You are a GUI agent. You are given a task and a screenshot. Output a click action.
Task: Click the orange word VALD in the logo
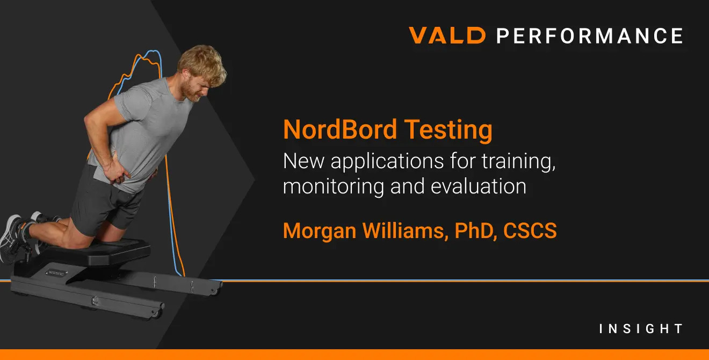click(447, 35)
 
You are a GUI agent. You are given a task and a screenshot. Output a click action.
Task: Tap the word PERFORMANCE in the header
click(589, 36)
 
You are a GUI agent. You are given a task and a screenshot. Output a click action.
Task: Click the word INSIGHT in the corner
click(641, 329)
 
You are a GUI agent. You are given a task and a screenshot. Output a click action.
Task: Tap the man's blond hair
click(203, 62)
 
